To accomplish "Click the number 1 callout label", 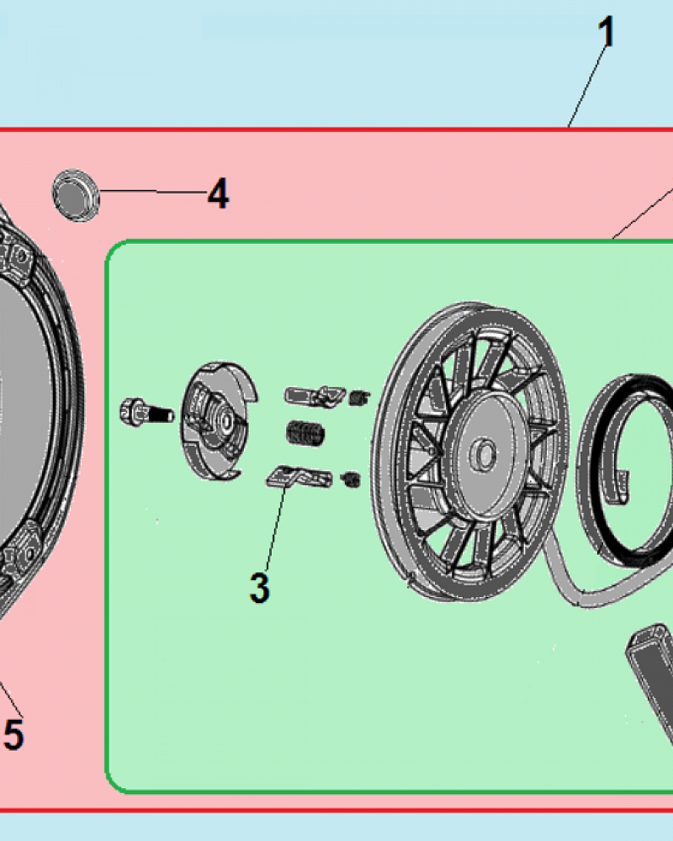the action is coord(607,32).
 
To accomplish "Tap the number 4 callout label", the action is coord(219,193).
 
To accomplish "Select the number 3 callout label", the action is coord(260,588).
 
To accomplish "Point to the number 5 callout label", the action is coord(13,734).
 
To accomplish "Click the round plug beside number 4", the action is coord(76,195).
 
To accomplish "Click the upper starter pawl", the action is coord(315,395).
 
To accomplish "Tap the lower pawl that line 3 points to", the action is coord(299,476).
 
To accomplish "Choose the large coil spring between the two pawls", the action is coord(305,433).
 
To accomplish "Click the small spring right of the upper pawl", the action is coord(359,398).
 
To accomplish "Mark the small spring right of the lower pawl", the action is coord(351,479).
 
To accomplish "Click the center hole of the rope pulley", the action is coord(484,454).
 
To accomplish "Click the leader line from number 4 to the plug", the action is coord(153,191).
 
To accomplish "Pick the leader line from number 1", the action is coord(589,87).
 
